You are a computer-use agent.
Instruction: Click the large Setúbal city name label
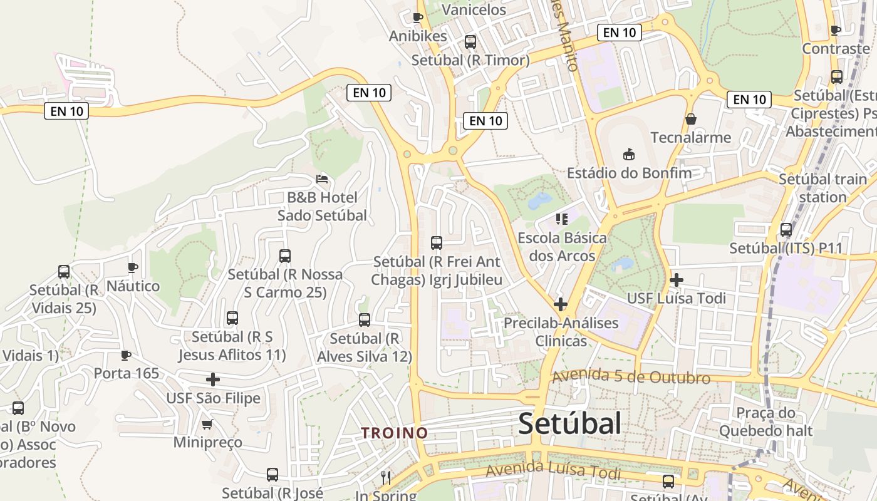[569, 424]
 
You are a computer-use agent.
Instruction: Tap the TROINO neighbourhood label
[395, 433]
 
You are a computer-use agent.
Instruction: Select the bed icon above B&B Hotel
[322, 179]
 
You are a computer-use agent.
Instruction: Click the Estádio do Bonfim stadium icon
[629, 154]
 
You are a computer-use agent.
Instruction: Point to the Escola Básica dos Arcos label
[562, 247]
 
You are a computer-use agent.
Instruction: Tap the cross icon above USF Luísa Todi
[676, 280]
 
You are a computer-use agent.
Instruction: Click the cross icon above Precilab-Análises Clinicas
[561, 305]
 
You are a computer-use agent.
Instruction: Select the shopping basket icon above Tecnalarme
[691, 119]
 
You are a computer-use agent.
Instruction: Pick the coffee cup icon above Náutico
[133, 268]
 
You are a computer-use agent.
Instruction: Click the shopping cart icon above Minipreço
[207, 424]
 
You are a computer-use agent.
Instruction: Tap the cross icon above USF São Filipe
[213, 380]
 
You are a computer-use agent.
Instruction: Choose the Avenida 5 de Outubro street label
[631, 377]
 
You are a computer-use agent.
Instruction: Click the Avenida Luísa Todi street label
[553, 472]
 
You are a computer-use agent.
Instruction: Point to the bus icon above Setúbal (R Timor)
[470, 42]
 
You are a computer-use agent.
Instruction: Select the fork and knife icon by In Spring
[386, 478]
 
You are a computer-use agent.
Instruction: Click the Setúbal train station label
[822, 188]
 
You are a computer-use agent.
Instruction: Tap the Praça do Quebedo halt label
[765, 421]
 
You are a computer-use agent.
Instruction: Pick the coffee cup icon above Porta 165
[126, 356]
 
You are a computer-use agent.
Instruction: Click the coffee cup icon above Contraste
[836, 30]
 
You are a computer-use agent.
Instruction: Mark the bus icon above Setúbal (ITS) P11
[786, 230]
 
